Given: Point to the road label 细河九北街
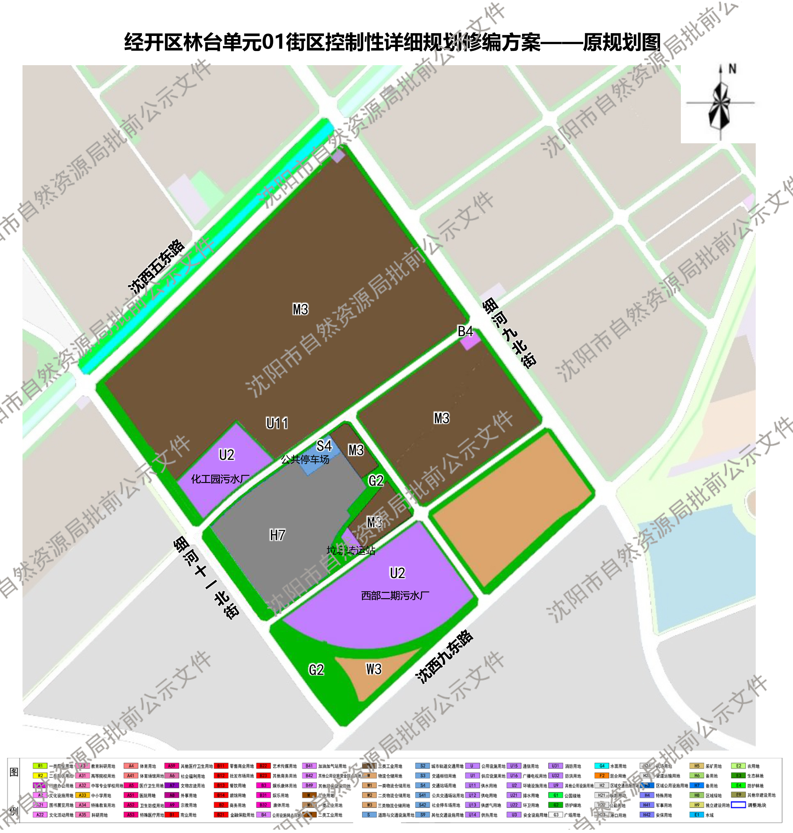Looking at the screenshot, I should point(509,333).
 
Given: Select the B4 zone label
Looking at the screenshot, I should point(465,331).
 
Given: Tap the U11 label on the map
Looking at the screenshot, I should point(277,423).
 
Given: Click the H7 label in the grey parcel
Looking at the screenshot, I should point(277,535).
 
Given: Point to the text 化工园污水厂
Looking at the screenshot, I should point(220,479).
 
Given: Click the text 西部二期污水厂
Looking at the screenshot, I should point(395,596).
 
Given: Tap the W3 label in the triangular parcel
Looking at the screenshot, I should point(374,669).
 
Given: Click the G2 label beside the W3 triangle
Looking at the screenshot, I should point(316,670).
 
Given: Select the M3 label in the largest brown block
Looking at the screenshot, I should point(300,310).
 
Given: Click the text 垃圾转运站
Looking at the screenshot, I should point(351,551).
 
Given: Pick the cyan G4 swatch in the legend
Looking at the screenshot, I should point(602,766).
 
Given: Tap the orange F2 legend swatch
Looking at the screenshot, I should point(602,776).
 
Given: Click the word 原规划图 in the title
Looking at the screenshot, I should point(621,42).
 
